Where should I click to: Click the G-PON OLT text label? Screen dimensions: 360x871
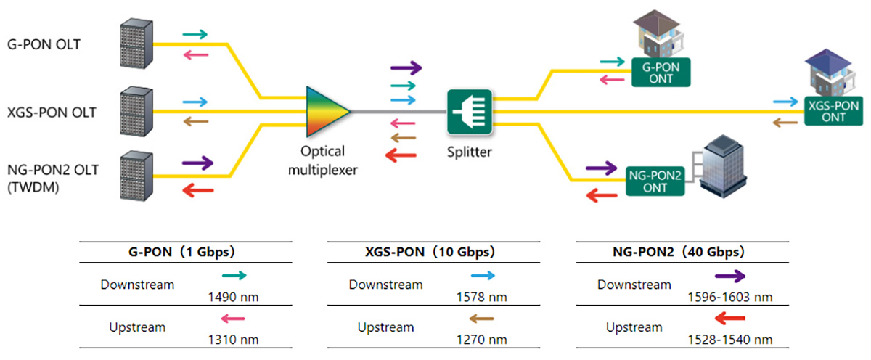(x=43, y=44)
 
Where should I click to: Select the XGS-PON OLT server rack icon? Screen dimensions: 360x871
(x=136, y=111)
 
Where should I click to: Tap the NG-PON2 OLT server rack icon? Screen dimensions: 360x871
(x=136, y=176)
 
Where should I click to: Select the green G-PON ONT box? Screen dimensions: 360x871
(x=661, y=72)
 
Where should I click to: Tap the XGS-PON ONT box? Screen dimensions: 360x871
(x=833, y=111)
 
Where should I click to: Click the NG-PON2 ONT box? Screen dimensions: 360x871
(x=656, y=181)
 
